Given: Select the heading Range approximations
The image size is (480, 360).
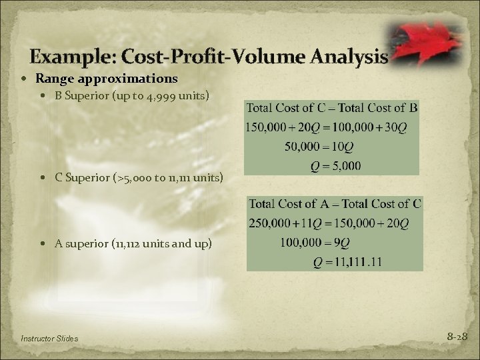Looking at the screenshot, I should pyautogui.click(x=107, y=79).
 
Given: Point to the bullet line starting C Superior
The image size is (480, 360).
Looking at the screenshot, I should pyautogui.click(x=139, y=178).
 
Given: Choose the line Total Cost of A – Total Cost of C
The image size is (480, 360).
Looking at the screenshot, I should pyautogui.click(x=334, y=203).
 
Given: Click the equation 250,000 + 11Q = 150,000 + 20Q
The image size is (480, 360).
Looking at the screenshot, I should pyautogui.click(x=334, y=222).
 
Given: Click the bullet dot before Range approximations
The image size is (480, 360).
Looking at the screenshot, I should pyautogui.click(x=25, y=79).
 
